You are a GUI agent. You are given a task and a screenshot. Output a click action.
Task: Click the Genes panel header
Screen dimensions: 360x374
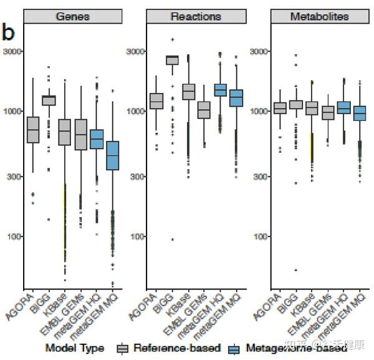tap(72, 17)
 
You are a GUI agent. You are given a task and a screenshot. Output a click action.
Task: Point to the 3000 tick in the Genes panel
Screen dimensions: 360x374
tap(13, 51)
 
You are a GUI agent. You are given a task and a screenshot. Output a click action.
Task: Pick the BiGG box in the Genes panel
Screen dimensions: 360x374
tap(49, 100)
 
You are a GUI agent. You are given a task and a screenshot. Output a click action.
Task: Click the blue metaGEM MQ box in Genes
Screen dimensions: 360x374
tap(113, 155)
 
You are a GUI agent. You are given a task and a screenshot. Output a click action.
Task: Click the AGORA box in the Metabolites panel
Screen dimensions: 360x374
tap(280, 108)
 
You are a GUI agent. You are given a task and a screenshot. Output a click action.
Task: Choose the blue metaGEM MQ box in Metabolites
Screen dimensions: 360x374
tap(360, 114)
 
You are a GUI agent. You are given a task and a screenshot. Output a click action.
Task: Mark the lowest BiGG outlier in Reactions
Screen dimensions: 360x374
tap(172, 240)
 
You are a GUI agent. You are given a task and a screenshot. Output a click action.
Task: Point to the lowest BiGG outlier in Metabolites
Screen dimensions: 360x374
tap(295, 270)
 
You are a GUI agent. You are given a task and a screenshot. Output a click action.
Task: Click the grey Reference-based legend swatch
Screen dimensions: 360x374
tap(122, 348)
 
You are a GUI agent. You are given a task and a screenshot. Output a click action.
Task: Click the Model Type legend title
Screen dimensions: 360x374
tap(74, 348)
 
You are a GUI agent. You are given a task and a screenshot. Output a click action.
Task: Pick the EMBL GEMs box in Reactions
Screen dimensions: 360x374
tap(204, 110)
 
